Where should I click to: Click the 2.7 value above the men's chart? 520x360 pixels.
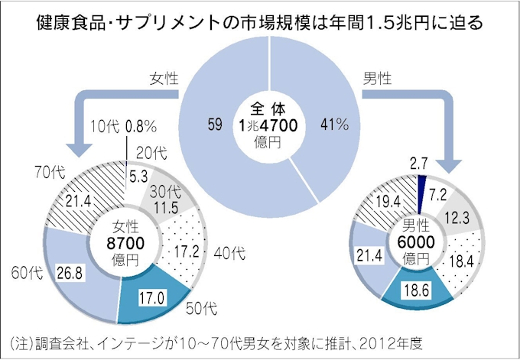tap(418, 161)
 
